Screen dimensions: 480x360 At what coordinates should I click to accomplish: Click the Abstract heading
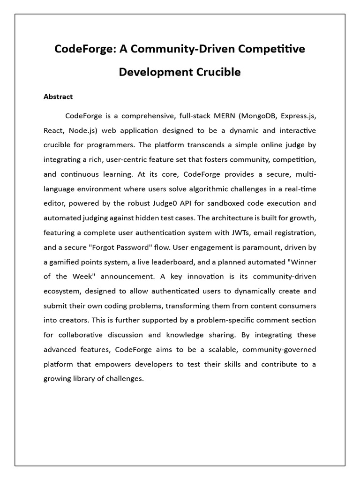(x=58, y=97)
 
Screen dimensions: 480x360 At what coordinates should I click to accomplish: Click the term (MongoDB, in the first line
(x=256, y=115)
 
